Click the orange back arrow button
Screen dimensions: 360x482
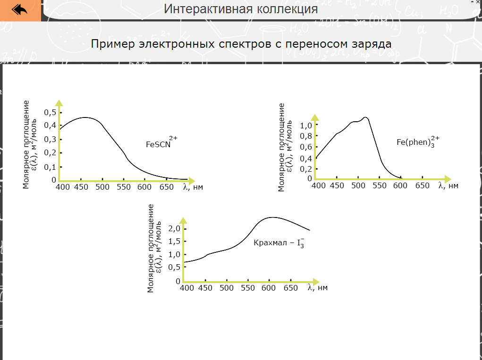[20, 10]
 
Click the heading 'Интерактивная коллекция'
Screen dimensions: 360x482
[240, 8]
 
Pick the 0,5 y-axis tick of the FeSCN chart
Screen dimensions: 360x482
[50, 112]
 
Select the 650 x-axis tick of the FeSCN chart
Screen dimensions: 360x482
[166, 187]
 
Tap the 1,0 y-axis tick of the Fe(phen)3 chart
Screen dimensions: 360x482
[306, 126]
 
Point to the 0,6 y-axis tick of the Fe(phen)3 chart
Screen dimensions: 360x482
[306, 147]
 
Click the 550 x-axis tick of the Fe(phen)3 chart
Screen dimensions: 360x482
[380, 186]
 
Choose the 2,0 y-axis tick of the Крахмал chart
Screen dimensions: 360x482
[175, 229]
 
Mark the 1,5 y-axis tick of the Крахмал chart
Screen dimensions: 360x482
[175, 242]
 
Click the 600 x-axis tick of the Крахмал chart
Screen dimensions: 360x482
[269, 288]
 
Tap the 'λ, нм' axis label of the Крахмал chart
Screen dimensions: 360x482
[317, 287]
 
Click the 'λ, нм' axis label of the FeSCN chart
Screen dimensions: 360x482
[193, 187]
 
